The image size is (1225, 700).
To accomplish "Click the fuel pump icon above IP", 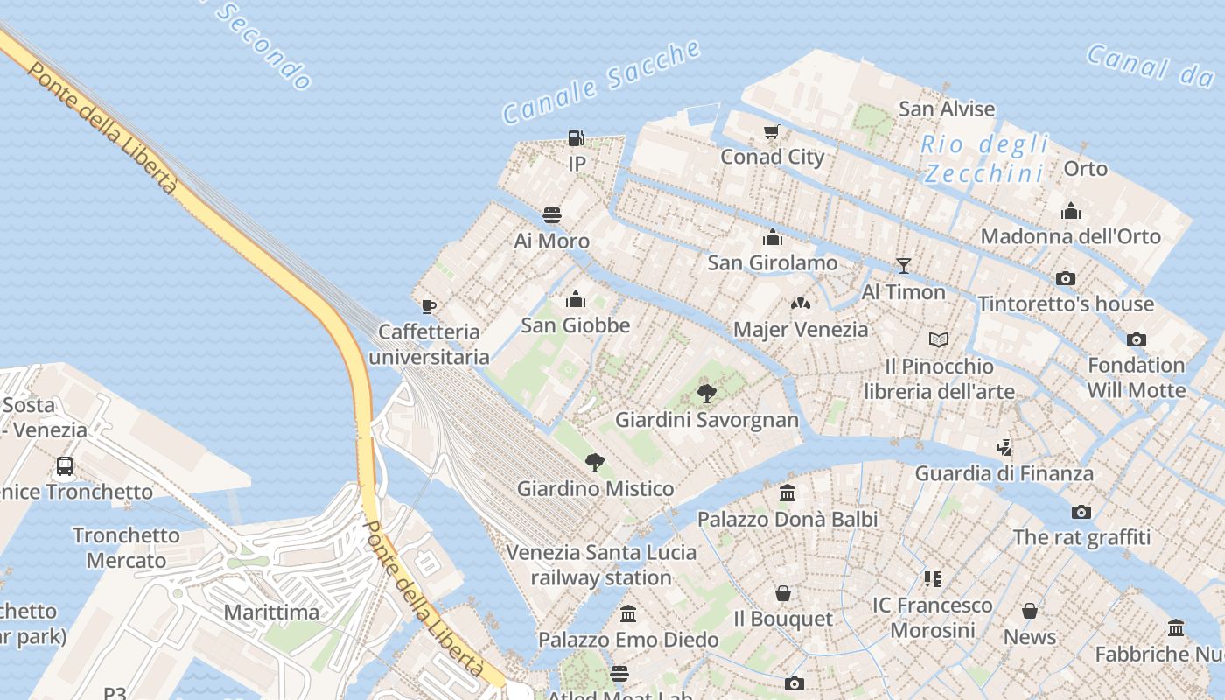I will [576, 138].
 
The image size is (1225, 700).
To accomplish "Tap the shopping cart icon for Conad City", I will [771, 132].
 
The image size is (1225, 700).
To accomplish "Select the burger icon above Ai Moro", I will [552, 215].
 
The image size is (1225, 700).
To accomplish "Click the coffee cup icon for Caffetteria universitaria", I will [428, 306].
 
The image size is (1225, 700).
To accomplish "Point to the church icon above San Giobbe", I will [576, 300].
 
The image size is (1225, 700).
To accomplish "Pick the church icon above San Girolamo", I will [773, 237].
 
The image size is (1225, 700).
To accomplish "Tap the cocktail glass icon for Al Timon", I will [904, 266].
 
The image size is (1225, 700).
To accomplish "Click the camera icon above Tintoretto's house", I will [1065, 278].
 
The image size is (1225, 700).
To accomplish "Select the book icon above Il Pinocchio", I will [939, 339].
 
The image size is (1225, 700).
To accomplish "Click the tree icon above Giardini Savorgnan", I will [707, 394].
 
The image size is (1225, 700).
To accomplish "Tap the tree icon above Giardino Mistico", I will [595, 463].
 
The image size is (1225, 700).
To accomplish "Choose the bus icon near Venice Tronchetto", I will [65, 466].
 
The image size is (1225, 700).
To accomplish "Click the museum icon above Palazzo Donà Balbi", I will [787, 493].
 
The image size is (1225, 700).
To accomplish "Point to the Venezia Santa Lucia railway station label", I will [601, 565].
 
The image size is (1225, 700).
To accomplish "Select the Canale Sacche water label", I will [601, 81].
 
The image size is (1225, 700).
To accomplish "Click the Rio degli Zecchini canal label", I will [984, 158].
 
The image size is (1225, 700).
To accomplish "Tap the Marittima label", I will [272, 612].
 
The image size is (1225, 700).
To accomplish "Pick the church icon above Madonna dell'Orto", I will [1071, 211].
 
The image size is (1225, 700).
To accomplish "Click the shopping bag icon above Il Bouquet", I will [783, 594].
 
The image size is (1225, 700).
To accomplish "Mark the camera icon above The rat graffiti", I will [1081, 512].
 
